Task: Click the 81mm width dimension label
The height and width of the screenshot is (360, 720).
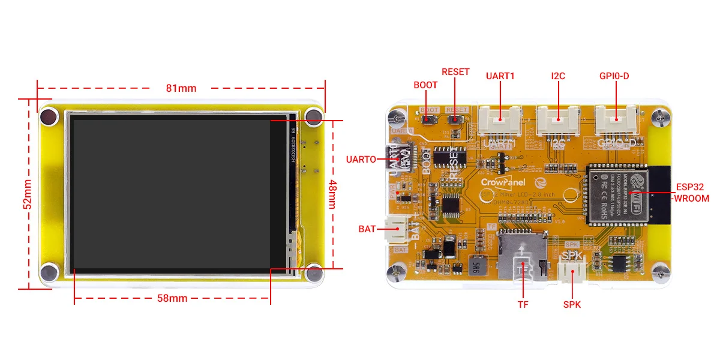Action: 181,88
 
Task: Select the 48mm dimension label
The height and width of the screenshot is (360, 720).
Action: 332,193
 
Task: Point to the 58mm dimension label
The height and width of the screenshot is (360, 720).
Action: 172,298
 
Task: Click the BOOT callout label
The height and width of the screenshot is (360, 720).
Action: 425,85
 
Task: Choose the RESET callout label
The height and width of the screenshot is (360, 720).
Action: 455,71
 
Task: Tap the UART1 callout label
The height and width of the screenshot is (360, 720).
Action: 500,76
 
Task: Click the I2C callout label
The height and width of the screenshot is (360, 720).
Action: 558,76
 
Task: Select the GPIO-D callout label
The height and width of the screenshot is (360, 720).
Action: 614,76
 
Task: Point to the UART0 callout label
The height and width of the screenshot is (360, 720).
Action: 361,159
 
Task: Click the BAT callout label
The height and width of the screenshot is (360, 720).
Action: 367,229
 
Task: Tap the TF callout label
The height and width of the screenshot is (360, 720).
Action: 523,304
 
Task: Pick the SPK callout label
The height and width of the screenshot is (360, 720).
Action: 572,304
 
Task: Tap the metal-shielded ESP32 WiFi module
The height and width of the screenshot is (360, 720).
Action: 614,192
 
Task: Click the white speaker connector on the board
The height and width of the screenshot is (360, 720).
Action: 571,273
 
